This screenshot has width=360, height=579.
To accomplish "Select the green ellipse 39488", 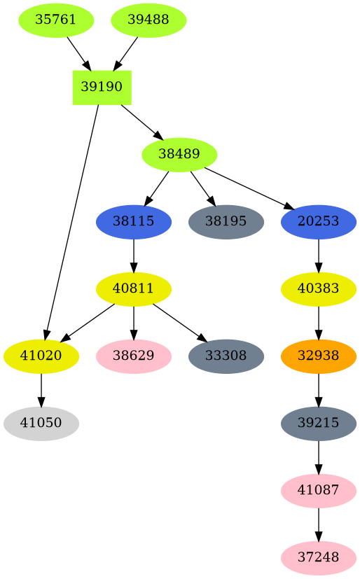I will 148,20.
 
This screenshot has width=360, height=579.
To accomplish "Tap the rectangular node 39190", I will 102,87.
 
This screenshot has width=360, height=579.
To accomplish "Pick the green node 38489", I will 179,154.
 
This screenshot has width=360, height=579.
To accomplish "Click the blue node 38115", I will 134,221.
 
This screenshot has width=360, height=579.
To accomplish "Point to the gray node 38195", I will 226,221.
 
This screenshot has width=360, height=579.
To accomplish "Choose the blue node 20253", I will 319,221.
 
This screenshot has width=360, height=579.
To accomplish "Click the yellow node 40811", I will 134,288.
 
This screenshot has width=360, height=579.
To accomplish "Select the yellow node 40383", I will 319,288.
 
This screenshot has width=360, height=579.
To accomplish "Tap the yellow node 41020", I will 41,356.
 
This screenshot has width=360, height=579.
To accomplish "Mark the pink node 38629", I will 134,356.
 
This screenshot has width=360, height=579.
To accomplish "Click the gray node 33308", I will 226,356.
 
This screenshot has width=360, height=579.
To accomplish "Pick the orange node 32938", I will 319,356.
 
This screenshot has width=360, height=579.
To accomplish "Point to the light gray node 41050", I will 41,423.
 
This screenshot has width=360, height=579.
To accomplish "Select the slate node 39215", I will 319,423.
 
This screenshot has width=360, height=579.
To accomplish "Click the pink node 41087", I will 319,490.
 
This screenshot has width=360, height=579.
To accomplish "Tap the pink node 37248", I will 319,557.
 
